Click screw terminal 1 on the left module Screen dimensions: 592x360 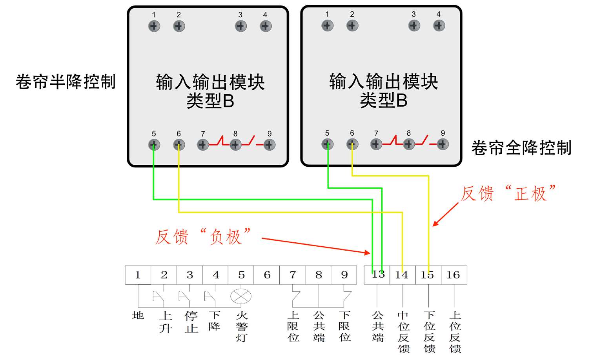tap(154, 26)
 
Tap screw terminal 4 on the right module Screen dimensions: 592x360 tap(439, 25)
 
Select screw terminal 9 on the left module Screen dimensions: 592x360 tap(269, 145)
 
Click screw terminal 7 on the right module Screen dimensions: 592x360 tap(376, 144)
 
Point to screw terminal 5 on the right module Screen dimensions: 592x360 tap(328, 144)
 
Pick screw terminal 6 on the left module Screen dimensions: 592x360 tap(179, 145)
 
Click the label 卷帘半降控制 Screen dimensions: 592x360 tap(66, 82)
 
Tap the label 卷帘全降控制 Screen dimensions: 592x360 tap(522, 147)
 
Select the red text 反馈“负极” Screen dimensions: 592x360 tap(203, 236)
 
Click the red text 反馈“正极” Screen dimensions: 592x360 tap(508, 193)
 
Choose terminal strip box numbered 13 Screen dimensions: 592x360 tap(377, 275)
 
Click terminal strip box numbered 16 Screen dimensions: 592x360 tap(454, 275)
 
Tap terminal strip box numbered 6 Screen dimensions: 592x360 tap(267, 275)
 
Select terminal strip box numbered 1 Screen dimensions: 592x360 tap(138, 275)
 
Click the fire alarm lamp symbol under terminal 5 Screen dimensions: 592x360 tap(241, 296)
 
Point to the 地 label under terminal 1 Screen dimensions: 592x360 tap(138, 315)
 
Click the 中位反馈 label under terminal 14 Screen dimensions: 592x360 tap(403, 332)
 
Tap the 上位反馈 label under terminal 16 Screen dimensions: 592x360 tap(455, 332)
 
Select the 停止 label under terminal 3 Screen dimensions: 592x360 tap(191, 322)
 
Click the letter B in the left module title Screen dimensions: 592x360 tap(229, 101)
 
